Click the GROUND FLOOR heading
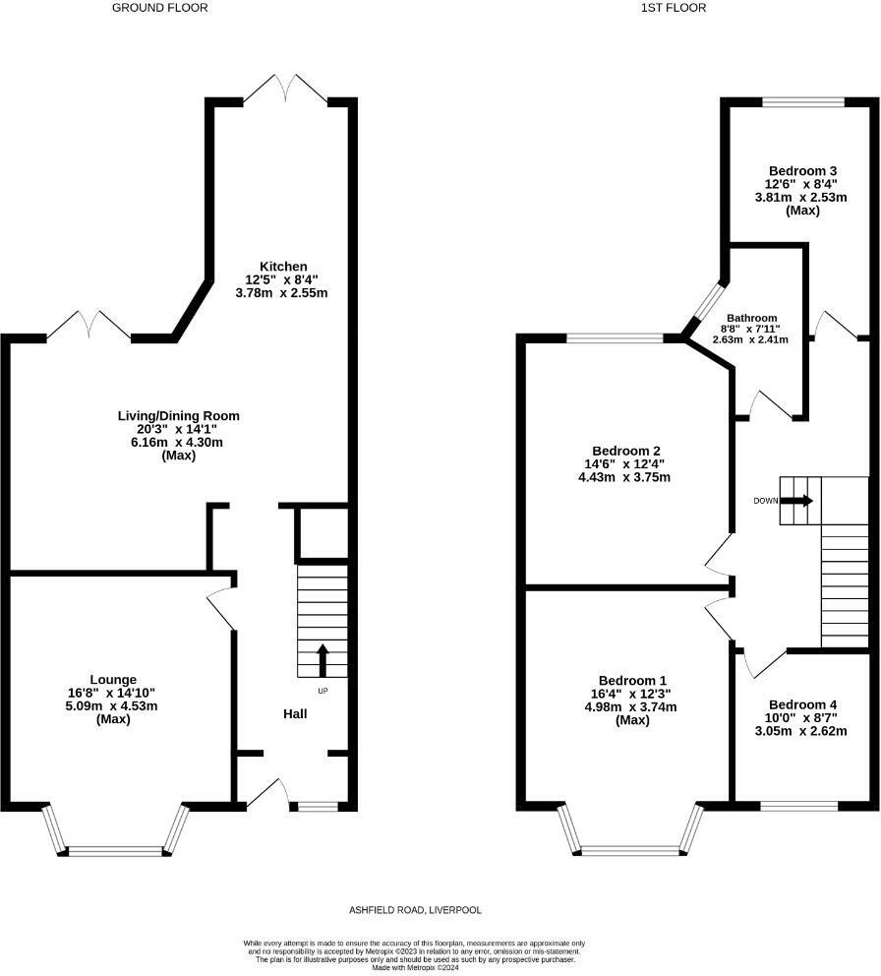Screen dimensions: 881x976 click(160, 8)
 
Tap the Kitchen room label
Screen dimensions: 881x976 click(284, 267)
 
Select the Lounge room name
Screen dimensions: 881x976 click(113, 680)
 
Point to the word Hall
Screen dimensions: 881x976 click(295, 714)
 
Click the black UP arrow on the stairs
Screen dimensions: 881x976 click(323, 660)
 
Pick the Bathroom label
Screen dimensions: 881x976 click(749, 318)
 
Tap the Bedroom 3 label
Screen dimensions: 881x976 click(802, 170)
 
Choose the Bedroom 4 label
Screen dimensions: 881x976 click(802, 704)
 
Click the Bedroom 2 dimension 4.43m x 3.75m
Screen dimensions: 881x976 click(624, 477)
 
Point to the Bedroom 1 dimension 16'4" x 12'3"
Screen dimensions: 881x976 click(631, 694)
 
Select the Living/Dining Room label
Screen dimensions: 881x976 click(179, 416)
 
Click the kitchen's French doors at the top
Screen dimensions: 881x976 click(285, 89)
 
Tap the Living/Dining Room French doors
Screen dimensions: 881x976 click(89, 327)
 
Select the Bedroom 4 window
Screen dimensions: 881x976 click(799, 806)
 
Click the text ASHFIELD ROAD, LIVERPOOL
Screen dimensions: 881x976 click(415, 910)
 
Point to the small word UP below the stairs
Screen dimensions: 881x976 click(323, 691)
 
